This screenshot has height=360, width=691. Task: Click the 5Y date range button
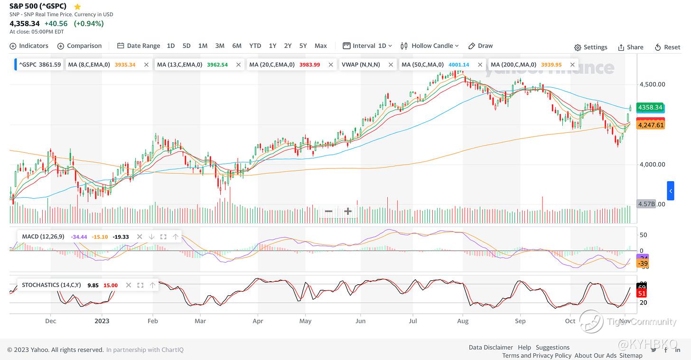point(303,46)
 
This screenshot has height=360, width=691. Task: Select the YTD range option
point(255,46)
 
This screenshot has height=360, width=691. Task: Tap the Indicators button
point(29,46)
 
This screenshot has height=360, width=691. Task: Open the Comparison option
point(79,46)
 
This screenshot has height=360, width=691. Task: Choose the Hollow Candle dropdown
point(430,46)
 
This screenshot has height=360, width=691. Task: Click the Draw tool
point(480,46)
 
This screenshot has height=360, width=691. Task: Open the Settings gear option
point(590,47)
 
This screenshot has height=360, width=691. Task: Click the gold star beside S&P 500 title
point(77,7)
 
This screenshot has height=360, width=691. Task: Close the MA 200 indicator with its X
point(572,65)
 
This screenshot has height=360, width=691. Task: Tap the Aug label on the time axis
point(462,321)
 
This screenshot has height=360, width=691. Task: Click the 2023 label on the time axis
point(102,321)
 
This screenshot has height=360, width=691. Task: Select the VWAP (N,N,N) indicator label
point(361,65)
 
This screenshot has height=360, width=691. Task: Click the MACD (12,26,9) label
point(43,236)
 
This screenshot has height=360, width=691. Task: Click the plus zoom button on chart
point(348,211)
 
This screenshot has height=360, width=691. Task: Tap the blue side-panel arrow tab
point(670,191)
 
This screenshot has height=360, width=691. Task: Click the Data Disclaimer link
point(490,347)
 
